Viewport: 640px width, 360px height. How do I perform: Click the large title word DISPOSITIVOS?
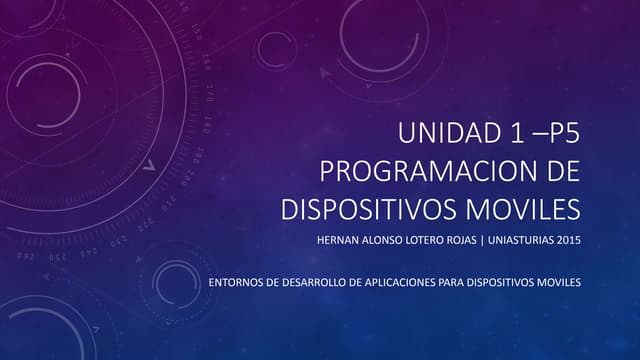coord(372,210)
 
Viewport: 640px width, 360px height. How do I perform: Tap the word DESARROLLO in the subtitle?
coord(305,282)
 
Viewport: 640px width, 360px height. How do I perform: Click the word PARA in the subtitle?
coord(452,282)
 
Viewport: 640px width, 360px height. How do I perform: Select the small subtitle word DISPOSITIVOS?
coord(504,282)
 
